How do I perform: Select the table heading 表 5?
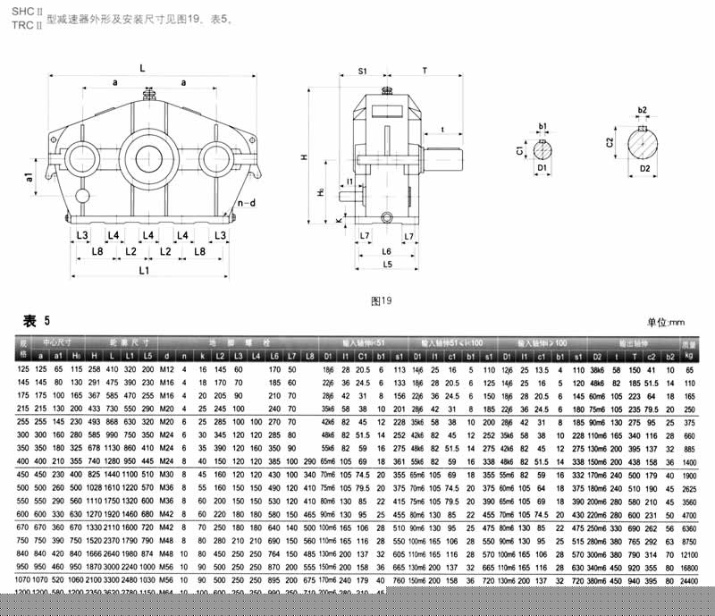tap(36, 321)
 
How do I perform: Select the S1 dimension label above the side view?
tap(364, 69)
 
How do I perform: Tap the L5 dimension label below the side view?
tap(386, 265)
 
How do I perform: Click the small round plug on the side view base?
tap(386, 217)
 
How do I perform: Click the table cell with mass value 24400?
tap(688, 580)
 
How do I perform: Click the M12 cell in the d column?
tap(165, 368)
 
